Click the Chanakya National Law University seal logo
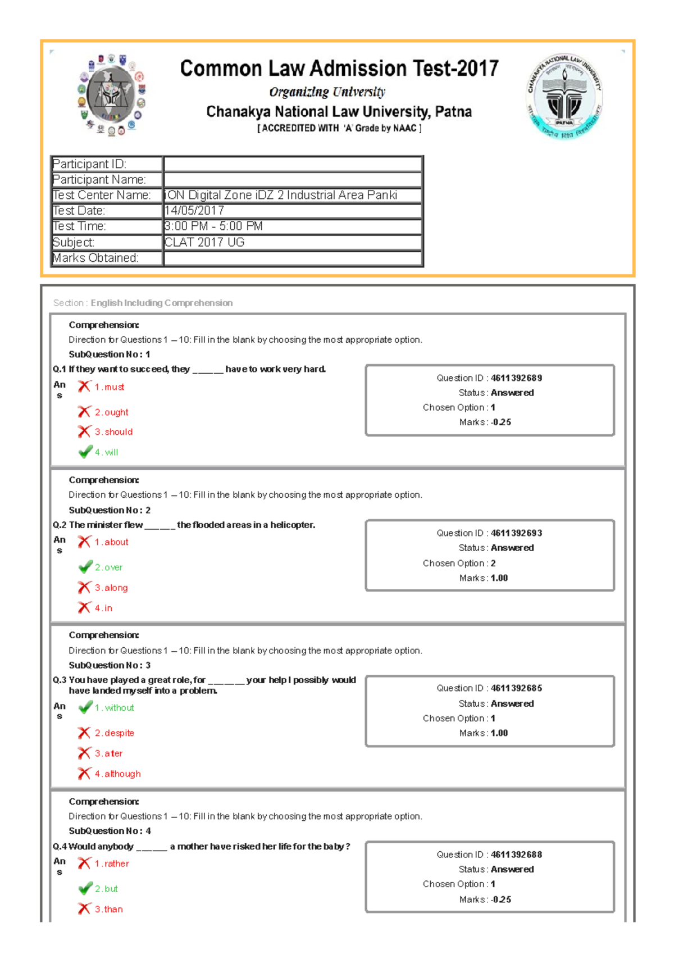point(564,96)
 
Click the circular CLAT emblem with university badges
point(112,95)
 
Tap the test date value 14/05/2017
point(194,211)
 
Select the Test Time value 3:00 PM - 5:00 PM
point(213,226)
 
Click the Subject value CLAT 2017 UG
point(204,242)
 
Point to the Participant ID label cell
point(106,164)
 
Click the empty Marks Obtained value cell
point(292,258)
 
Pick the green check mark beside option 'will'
point(85,452)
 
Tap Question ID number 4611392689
point(516,378)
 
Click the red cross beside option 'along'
point(84,588)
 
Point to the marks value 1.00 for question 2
point(499,578)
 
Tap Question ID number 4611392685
point(516,688)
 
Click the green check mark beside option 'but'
point(85,889)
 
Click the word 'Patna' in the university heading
point(453,112)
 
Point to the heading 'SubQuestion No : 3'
point(110,665)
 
